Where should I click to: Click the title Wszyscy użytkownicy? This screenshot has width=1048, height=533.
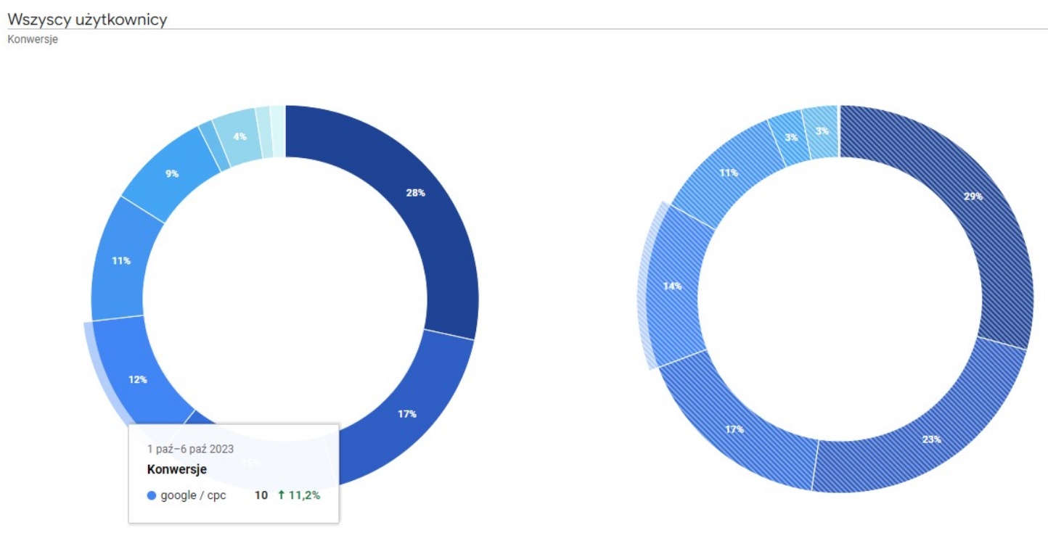pyautogui.click(x=87, y=20)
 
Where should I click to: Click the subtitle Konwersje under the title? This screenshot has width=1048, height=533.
pyautogui.click(x=33, y=40)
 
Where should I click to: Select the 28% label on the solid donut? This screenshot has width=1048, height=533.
pyautogui.click(x=415, y=193)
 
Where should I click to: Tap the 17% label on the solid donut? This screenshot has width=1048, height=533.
pyautogui.click(x=406, y=414)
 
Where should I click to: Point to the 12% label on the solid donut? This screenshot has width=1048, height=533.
pyautogui.click(x=138, y=379)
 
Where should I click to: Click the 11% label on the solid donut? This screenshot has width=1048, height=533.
pyautogui.click(x=121, y=260)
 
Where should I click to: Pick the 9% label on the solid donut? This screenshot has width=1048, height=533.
pyautogui.click(x=172, y=173)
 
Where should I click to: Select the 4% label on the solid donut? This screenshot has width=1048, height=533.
pyautogui.click(x=240, y=136)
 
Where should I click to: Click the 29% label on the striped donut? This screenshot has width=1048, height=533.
pyautogui.click(x=973, y=197)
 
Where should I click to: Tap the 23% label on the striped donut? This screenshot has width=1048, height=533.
pyautogui.click(x=932, y=439)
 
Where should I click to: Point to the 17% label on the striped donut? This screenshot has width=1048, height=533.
pyautogui.click(x=734, y=429)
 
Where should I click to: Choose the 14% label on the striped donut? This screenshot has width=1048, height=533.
pyautogui.click(x=672, y=286)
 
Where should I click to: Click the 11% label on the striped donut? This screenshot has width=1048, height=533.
pyautogui.click(x=729, y=173)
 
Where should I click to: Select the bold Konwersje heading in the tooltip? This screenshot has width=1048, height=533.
pyautogui.click(x=176, y=469)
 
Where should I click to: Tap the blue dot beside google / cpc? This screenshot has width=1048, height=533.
pyautogui.click(x=152, y=496)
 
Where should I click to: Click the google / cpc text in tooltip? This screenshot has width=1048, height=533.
pyautogui.click(x=193, y=496)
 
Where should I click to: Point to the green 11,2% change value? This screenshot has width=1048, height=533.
pyautogui.click(x=304, y=496)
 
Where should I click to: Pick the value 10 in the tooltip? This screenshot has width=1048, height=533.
pyautogui.click(x=261, y=496)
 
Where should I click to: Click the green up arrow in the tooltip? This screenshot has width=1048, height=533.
pyautogui.click(x=281, y=496)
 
